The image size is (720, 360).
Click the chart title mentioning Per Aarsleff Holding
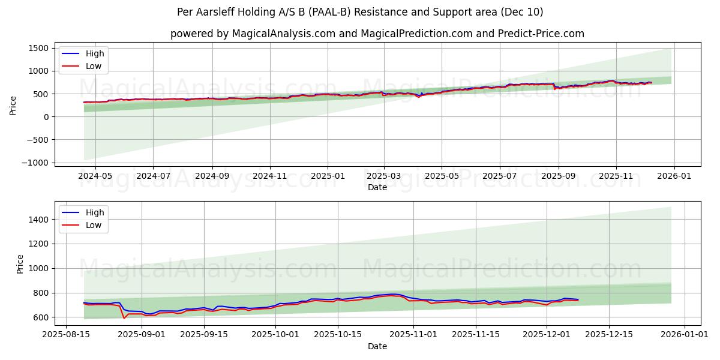[x=360, y=12]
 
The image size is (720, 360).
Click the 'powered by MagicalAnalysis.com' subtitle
[x=377, y=34]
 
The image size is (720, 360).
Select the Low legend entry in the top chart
[x=94, y=66]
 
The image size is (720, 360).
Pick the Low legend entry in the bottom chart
[x=94, y=225]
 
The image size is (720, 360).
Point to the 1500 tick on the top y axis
[x=38, y=48]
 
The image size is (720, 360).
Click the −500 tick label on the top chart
[x=35, y=140]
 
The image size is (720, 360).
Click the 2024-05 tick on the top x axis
[x=95, y=176]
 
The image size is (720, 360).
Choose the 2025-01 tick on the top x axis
[x=328, y=176]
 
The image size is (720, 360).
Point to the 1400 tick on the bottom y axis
[x=38, y=220]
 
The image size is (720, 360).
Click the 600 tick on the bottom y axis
[x=40, y=317]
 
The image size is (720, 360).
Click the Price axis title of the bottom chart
[x=20, y=264]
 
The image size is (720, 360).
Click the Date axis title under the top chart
[x=377, y=187]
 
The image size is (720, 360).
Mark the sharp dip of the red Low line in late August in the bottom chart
[x=124, y=318]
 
